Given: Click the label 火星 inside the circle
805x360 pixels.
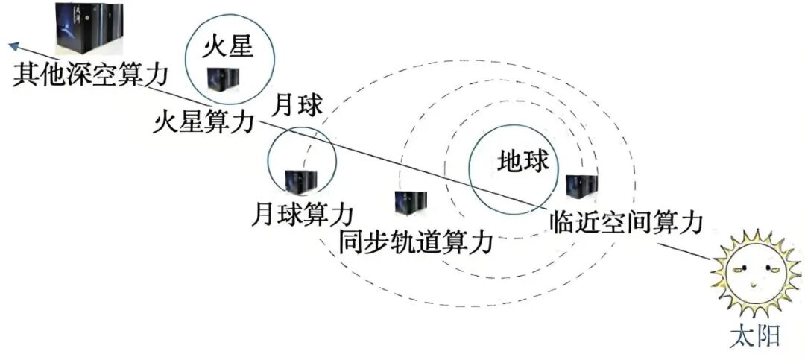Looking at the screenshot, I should click(230, 49).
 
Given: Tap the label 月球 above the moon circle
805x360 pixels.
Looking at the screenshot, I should click(298, 105).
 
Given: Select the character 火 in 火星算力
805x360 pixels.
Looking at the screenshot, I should click(166, 121).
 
